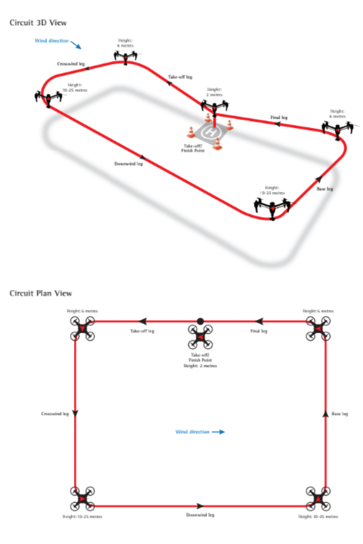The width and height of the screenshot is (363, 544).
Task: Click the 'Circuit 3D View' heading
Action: click(x=38, y=22)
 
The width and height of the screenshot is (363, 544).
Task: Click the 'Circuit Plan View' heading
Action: click(x=41, y=293)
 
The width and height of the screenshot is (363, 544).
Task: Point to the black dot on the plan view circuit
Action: click(x=200, y=321)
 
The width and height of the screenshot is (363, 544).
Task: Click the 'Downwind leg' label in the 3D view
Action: click(x=129, y=164)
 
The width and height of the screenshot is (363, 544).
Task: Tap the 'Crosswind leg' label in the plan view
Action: click(x=55, y=413)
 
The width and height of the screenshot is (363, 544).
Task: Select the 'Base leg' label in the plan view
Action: click(x=340, y=413)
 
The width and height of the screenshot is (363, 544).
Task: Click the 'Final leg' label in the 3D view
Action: click(x=279, y=117)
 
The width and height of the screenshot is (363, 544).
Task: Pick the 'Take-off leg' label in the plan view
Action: click(x=142, y=331)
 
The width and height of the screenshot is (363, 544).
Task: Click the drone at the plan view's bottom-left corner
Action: click(x=82, y=499)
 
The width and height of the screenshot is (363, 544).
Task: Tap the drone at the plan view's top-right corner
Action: click(x=318, y=329)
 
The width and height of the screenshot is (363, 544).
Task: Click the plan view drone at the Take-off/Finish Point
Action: click(x=200, y=337)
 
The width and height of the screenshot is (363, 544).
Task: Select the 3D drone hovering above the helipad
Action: click(x=215, y=107)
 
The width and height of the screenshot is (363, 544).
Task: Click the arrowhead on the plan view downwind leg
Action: click(x=200, y=506)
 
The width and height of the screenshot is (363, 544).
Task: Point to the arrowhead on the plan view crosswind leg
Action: click(x=75, y=413)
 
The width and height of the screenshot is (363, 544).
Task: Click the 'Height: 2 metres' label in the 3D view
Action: click(x=214, y=92)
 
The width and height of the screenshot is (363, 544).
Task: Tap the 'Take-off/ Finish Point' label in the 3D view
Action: click(x=193, y=148)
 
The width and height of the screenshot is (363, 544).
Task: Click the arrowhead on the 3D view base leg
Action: click(x=319, y=179)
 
